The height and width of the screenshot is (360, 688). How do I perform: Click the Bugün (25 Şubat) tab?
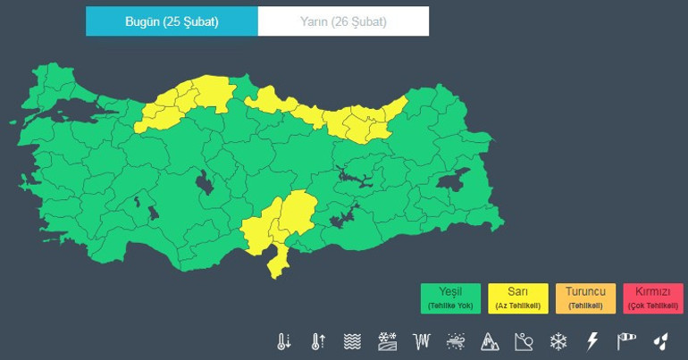pos(172,21)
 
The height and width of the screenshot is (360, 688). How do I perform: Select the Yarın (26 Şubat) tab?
pos(343,21)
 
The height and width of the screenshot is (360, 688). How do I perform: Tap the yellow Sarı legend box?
pos(518,297)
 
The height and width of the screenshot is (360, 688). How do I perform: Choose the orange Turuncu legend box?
pos(585,297)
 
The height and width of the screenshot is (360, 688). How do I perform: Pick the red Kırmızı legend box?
pos(653,297)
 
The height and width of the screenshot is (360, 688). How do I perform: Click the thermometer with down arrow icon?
pos(284,341)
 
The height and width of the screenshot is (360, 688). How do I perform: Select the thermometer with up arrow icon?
pos(318,341)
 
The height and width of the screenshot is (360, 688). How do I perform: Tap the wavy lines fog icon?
pos(353,341)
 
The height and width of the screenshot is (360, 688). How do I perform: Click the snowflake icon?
pos(558,341)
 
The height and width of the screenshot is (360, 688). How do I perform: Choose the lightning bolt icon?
pos(592,341)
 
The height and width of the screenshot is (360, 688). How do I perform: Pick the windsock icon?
pos(626,341)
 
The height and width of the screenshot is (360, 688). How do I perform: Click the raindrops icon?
pos(660,341)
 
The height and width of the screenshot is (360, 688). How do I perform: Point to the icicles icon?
pos(422,341)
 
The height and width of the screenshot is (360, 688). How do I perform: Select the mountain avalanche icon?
pos(491,341)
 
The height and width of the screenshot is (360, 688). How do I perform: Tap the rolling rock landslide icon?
pos(524,341)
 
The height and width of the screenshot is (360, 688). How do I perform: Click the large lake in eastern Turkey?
pos(453,180)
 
